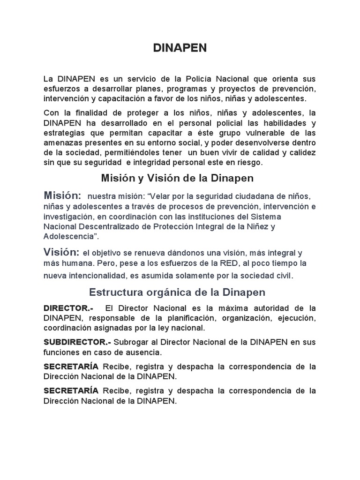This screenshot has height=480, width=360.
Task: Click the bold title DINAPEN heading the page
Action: click(180, 48)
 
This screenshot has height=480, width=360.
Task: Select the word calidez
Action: click(301, 153)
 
